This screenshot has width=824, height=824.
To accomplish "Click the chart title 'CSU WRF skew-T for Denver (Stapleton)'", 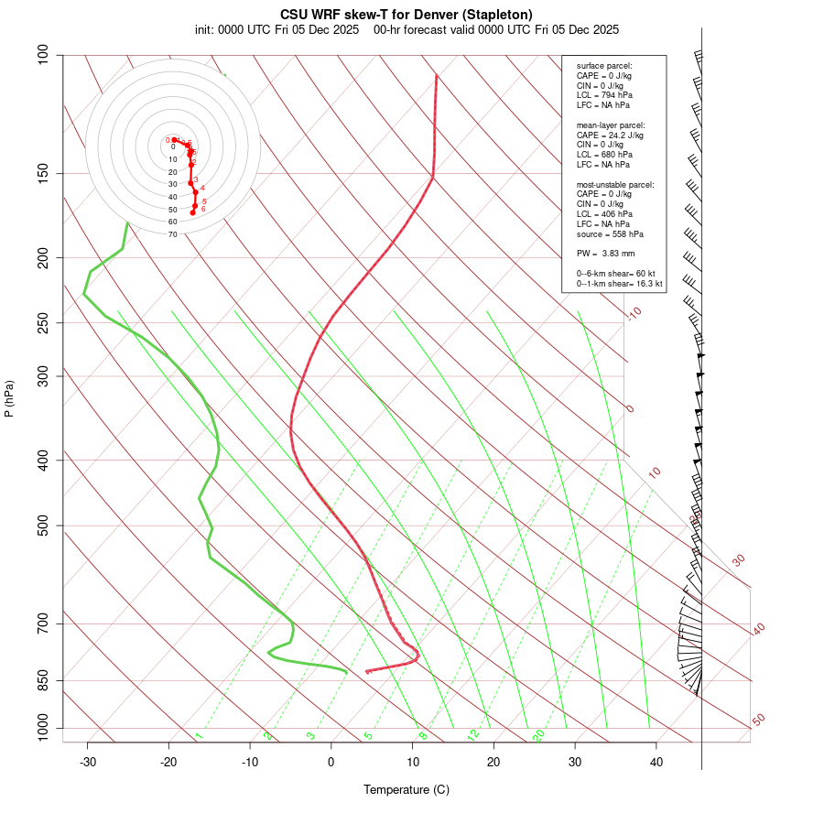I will click(x=407, y=15).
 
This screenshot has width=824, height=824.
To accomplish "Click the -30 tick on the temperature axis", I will click(x=88, y=762).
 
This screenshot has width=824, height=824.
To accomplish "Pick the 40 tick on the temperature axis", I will click(x=656, y=762).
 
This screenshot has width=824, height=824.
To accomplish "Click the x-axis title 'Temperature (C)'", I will click(x=407, y=789).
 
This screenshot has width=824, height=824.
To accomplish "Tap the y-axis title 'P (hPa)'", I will click(x=9, y=399).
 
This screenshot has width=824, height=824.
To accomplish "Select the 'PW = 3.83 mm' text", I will click(x=605, y=253).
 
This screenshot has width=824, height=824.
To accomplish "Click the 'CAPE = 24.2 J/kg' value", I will click(x=610, y=135).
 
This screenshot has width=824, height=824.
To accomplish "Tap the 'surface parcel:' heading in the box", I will click(x=604, y=65).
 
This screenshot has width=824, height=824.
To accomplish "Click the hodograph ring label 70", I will click(x=172, y=234).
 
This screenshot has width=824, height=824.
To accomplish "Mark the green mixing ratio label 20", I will click(x=539, y=734).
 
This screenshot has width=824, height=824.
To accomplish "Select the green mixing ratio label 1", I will click(x=198, y=735).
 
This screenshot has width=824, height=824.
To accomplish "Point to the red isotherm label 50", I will click(x=758, y=721).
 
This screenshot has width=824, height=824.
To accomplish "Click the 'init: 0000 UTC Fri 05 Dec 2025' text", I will click(x=276, y=29).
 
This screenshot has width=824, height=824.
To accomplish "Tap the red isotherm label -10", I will click(x=634, y=313).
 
